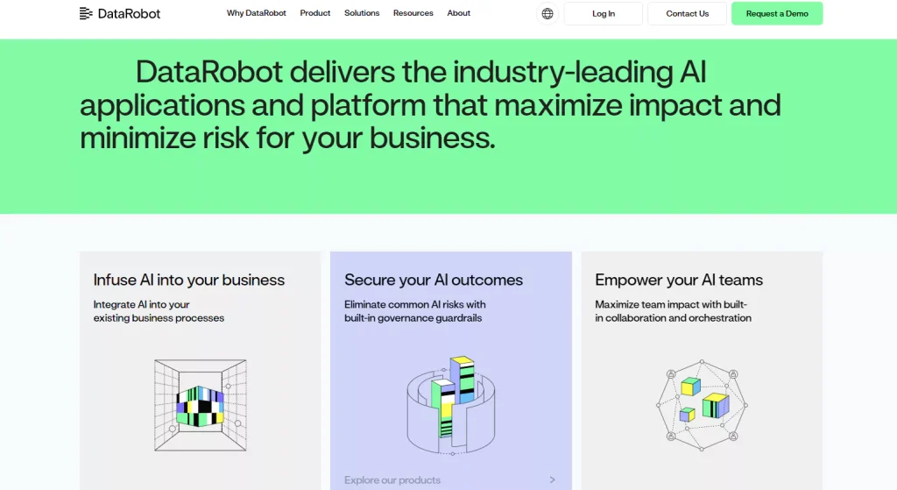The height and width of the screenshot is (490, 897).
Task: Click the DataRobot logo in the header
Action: (x=120, y=13)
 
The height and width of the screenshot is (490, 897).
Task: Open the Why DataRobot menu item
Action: (x=256, y=13)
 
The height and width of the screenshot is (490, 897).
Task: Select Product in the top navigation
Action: (x=315, y=13)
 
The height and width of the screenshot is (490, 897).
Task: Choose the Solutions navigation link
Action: (x=362, y=13)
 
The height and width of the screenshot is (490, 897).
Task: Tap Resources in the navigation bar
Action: (x=413, y=13)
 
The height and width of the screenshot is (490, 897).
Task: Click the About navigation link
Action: (x=458, y=13)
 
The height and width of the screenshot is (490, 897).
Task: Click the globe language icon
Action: (x=547, y=14)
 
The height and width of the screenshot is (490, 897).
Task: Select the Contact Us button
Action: (x=687, y=14)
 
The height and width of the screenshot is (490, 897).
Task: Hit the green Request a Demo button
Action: (x=777, y=14)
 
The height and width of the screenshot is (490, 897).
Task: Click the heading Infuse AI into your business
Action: (x=189, y=281)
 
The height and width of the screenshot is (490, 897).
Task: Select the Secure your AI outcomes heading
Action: (x=434, y=281)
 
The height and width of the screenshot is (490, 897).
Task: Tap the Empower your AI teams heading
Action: (x=679, y=281)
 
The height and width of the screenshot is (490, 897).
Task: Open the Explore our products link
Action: (x=392, y=479)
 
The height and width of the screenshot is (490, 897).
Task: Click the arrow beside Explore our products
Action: (x=552, y=479)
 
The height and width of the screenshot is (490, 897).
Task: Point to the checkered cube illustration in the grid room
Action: (x=200, y=406)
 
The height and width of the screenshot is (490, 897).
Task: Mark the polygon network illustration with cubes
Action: (x=702, y=403)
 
